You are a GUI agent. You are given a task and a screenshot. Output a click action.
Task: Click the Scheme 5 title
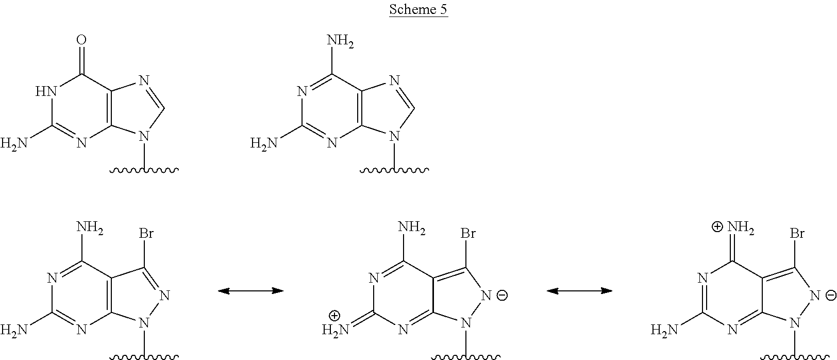coord(418,10)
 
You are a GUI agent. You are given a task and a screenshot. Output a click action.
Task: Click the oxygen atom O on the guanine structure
coord(81,40)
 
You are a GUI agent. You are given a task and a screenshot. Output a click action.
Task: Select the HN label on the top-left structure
coord(45,92)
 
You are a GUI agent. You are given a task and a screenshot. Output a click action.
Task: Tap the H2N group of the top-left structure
coord(14,143)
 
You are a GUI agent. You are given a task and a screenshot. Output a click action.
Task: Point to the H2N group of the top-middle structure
coord(264,143)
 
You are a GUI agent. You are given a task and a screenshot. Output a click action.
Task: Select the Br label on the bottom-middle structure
coord(467,233)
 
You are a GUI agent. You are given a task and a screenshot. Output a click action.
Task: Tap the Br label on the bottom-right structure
coord(797,233)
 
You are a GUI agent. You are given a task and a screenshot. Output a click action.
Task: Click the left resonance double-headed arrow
coord(250,291)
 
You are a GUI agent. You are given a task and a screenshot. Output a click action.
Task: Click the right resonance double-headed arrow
coord(579,291)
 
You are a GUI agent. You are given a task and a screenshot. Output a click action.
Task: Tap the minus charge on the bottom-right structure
coord(830,296)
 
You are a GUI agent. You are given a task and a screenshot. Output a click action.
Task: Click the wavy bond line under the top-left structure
coord(144,169)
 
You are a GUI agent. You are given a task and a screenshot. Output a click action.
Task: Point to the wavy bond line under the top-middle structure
coord(394,169)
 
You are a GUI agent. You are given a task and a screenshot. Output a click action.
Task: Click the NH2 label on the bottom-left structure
coord(90,228)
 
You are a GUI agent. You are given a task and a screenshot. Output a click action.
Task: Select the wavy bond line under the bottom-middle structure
coord(466,356)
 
